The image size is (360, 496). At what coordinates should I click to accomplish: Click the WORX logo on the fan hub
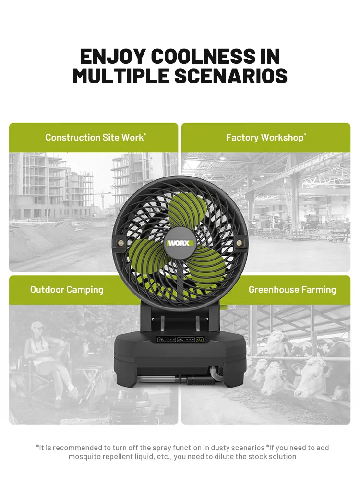coord(180,243)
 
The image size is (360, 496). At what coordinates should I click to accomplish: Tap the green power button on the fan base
coord(200,340)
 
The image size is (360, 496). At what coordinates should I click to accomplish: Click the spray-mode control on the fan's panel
coord(186,340)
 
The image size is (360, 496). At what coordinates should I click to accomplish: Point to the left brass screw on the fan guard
coord(120,243)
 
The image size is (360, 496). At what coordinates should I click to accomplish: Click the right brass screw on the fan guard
coord(239,243)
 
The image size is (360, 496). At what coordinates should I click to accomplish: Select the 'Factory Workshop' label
coord(266,137)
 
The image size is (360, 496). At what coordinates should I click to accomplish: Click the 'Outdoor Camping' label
coord(67,289)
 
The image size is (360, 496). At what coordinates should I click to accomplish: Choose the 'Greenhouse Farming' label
coord(292,289)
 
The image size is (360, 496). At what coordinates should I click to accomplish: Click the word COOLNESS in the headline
coord(203,56)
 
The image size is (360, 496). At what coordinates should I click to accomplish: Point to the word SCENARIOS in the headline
coord(231,76)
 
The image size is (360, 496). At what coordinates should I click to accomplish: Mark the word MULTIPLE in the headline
coord(121,76)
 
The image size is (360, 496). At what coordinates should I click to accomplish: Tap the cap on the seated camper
coord(37,325)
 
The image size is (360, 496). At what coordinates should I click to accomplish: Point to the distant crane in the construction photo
coord(102,199)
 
